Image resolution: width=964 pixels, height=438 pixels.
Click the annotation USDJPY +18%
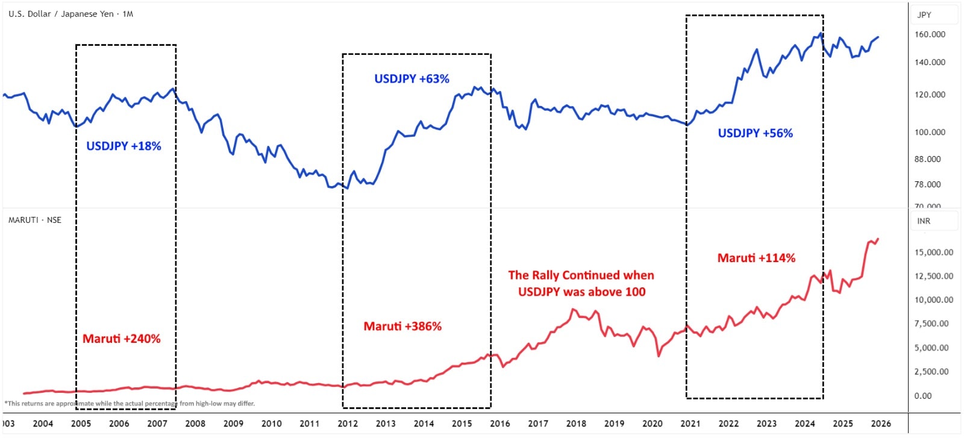pos(124,146)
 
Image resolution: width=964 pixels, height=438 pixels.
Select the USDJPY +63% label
pos(412,79)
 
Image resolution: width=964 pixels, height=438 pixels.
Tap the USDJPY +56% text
pos(755,133)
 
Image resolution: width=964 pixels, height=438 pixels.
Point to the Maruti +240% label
pos(122,339)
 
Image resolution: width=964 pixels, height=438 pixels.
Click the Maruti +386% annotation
pos(402,326)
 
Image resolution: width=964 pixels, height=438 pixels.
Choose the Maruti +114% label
pos(756,258)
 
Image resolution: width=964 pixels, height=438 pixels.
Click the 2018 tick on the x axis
pos(576,423)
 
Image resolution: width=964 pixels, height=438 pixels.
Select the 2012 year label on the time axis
pos(348,423)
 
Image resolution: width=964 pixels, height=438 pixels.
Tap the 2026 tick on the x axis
pos(881,423)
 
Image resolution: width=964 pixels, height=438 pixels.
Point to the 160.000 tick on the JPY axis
pos(930,34)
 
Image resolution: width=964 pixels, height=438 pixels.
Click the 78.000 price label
pos(927,184)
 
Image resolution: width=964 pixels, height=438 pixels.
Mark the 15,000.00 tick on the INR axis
pos(933,252)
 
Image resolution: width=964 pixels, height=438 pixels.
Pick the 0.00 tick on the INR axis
pos(923,396)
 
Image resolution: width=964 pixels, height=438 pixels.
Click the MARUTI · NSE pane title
pos(35,220)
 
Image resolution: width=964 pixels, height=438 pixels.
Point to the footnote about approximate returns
pos(130,404)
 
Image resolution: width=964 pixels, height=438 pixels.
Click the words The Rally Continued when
pos(581,275)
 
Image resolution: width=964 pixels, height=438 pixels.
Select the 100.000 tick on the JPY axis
pos(930,132)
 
